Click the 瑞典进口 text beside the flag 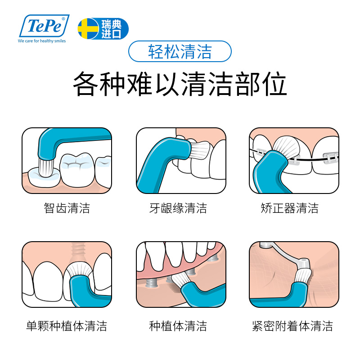[111, 28]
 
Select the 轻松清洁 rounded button [180, 52]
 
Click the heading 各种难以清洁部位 [180, 84]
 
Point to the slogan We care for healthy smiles [41, 41]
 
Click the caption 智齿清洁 [67, 208]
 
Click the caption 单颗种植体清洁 [67, 326]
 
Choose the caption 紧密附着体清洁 [292, 326]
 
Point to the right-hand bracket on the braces [329, 157]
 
